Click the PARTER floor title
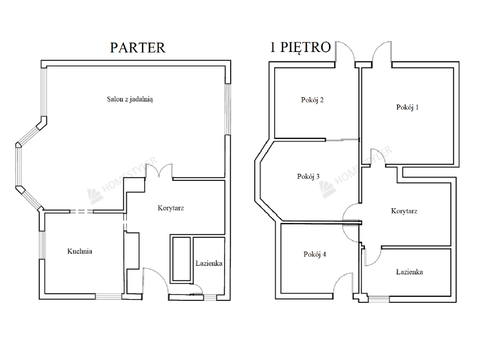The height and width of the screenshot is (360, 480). pos(137,48)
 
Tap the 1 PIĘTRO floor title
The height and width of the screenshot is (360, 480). pos(300,47)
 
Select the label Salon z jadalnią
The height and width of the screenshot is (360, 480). pos(130,99)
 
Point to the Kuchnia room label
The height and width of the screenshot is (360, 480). pos(80,251)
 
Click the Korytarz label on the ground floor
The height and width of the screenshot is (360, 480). pos(171,208)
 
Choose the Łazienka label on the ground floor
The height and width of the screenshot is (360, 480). pos(209,263)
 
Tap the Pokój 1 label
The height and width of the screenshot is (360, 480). pos(407,107)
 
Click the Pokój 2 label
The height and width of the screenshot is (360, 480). pos(312,100)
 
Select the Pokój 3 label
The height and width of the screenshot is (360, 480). pos(308,177)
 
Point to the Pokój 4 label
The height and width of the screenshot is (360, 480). pos(315,255)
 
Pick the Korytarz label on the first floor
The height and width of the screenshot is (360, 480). pos(404,211)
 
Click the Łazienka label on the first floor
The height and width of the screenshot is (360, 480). pos(410,272)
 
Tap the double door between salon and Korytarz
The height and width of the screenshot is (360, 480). pos(159,171)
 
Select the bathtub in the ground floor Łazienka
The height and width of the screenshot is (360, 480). pos(181,259)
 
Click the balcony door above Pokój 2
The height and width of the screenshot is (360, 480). pos(345,52)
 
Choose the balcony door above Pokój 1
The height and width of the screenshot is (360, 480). pos(382,52)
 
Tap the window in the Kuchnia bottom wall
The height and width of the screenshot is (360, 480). pos(109,296)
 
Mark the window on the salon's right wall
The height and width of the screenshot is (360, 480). pos(228,109)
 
